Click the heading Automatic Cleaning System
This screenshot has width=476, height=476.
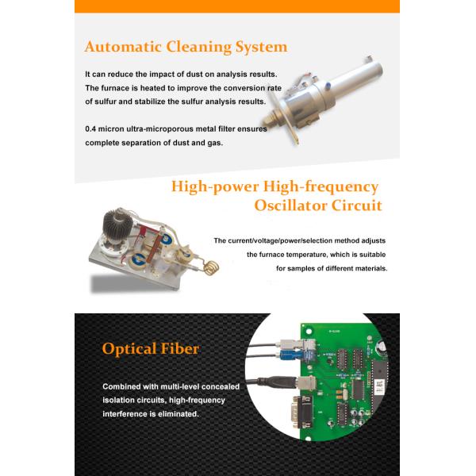click(186, 47)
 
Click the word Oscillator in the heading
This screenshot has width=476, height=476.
click(290, 205)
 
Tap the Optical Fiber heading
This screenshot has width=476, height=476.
click(151, 348)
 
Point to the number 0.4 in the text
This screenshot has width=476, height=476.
click(90, 129)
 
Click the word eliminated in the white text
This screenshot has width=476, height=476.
click(181, 414)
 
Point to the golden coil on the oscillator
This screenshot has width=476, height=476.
click(211, 267)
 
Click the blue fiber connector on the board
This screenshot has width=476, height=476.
click(290, 355)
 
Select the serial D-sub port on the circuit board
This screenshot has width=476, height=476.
click(302, 412)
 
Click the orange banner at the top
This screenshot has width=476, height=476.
click(237, 6)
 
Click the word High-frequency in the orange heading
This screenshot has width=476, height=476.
click(321, 187)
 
